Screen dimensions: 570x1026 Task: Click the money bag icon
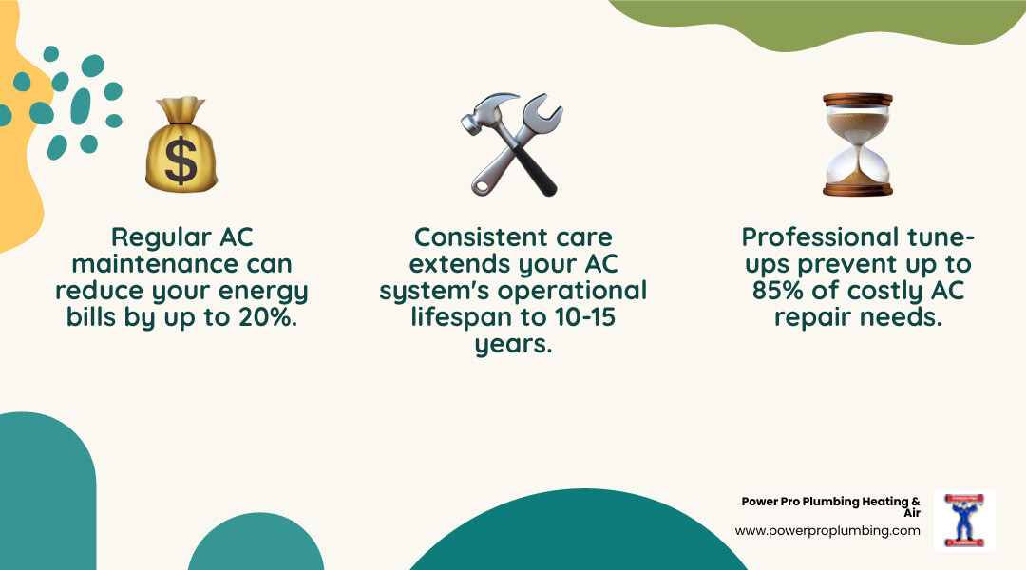[x=180, y=144]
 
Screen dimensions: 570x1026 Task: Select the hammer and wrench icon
[x=513, y=143]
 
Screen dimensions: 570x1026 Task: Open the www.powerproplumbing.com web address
[x=827, y=531]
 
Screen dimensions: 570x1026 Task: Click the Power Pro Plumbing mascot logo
[x=963, y=521]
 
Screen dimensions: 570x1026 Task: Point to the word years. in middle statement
[x=513, y=344]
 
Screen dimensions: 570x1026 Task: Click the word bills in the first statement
[x=92, y=317]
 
